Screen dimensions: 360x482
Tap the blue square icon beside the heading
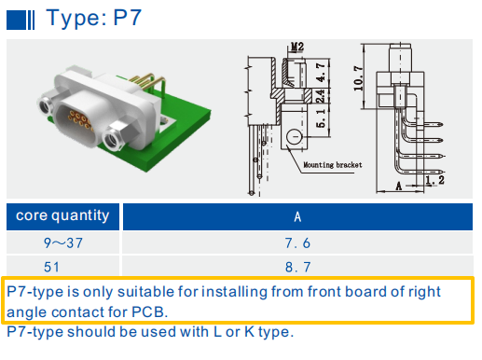point(16,19)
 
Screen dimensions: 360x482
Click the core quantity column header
point(62,216)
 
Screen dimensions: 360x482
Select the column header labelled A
point(297,217)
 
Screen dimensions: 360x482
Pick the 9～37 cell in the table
point(62,244)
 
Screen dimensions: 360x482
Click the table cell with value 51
point(62,267)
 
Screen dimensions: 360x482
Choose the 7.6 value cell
point(297,244)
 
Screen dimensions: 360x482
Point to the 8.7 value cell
point(297,267)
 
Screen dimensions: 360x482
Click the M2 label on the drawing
point(297,46)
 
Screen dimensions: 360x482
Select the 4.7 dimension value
point(319,72)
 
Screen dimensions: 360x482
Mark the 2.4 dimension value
point(319,95)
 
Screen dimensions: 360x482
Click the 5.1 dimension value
point(319,118)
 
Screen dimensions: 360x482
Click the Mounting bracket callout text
point(332,164)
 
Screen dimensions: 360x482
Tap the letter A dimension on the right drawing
point(399,186)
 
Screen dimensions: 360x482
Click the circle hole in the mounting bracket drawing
point(296,137)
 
